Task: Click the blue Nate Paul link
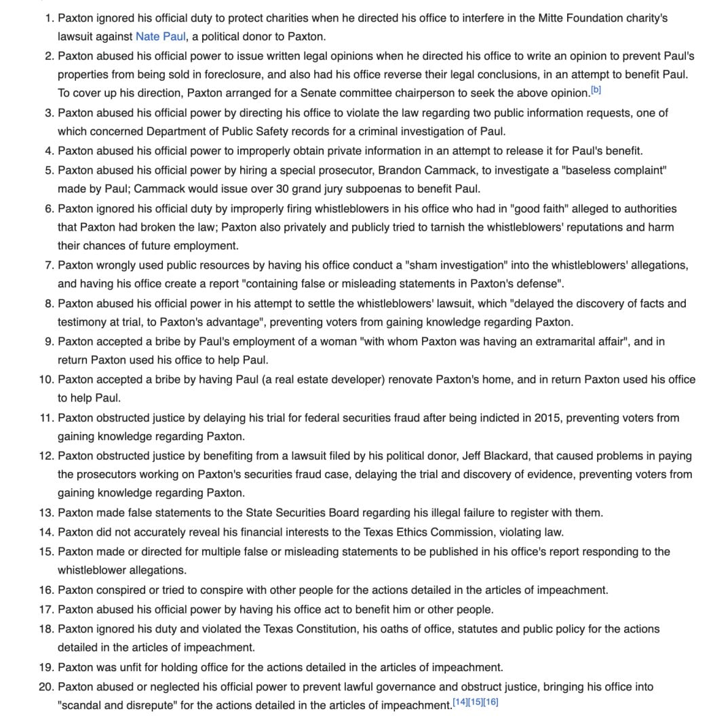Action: (x=160, y=36)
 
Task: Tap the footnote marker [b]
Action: (x=596, y=90)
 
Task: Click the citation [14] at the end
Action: (x=459, y=702)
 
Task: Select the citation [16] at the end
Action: (x=491, y=702)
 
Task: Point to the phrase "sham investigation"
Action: (x=441, y=266)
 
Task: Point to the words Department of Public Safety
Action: (x=220, y=132)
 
